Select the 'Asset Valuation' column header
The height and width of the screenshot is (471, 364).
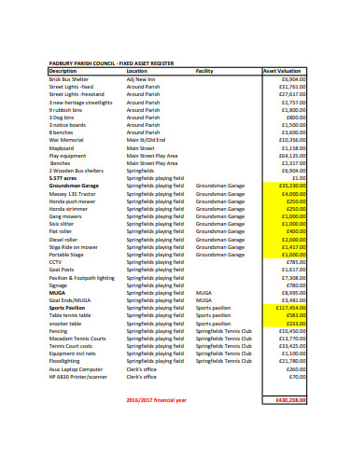(x=282, y=71)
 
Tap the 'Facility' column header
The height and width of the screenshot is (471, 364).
(x=204, y=71)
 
